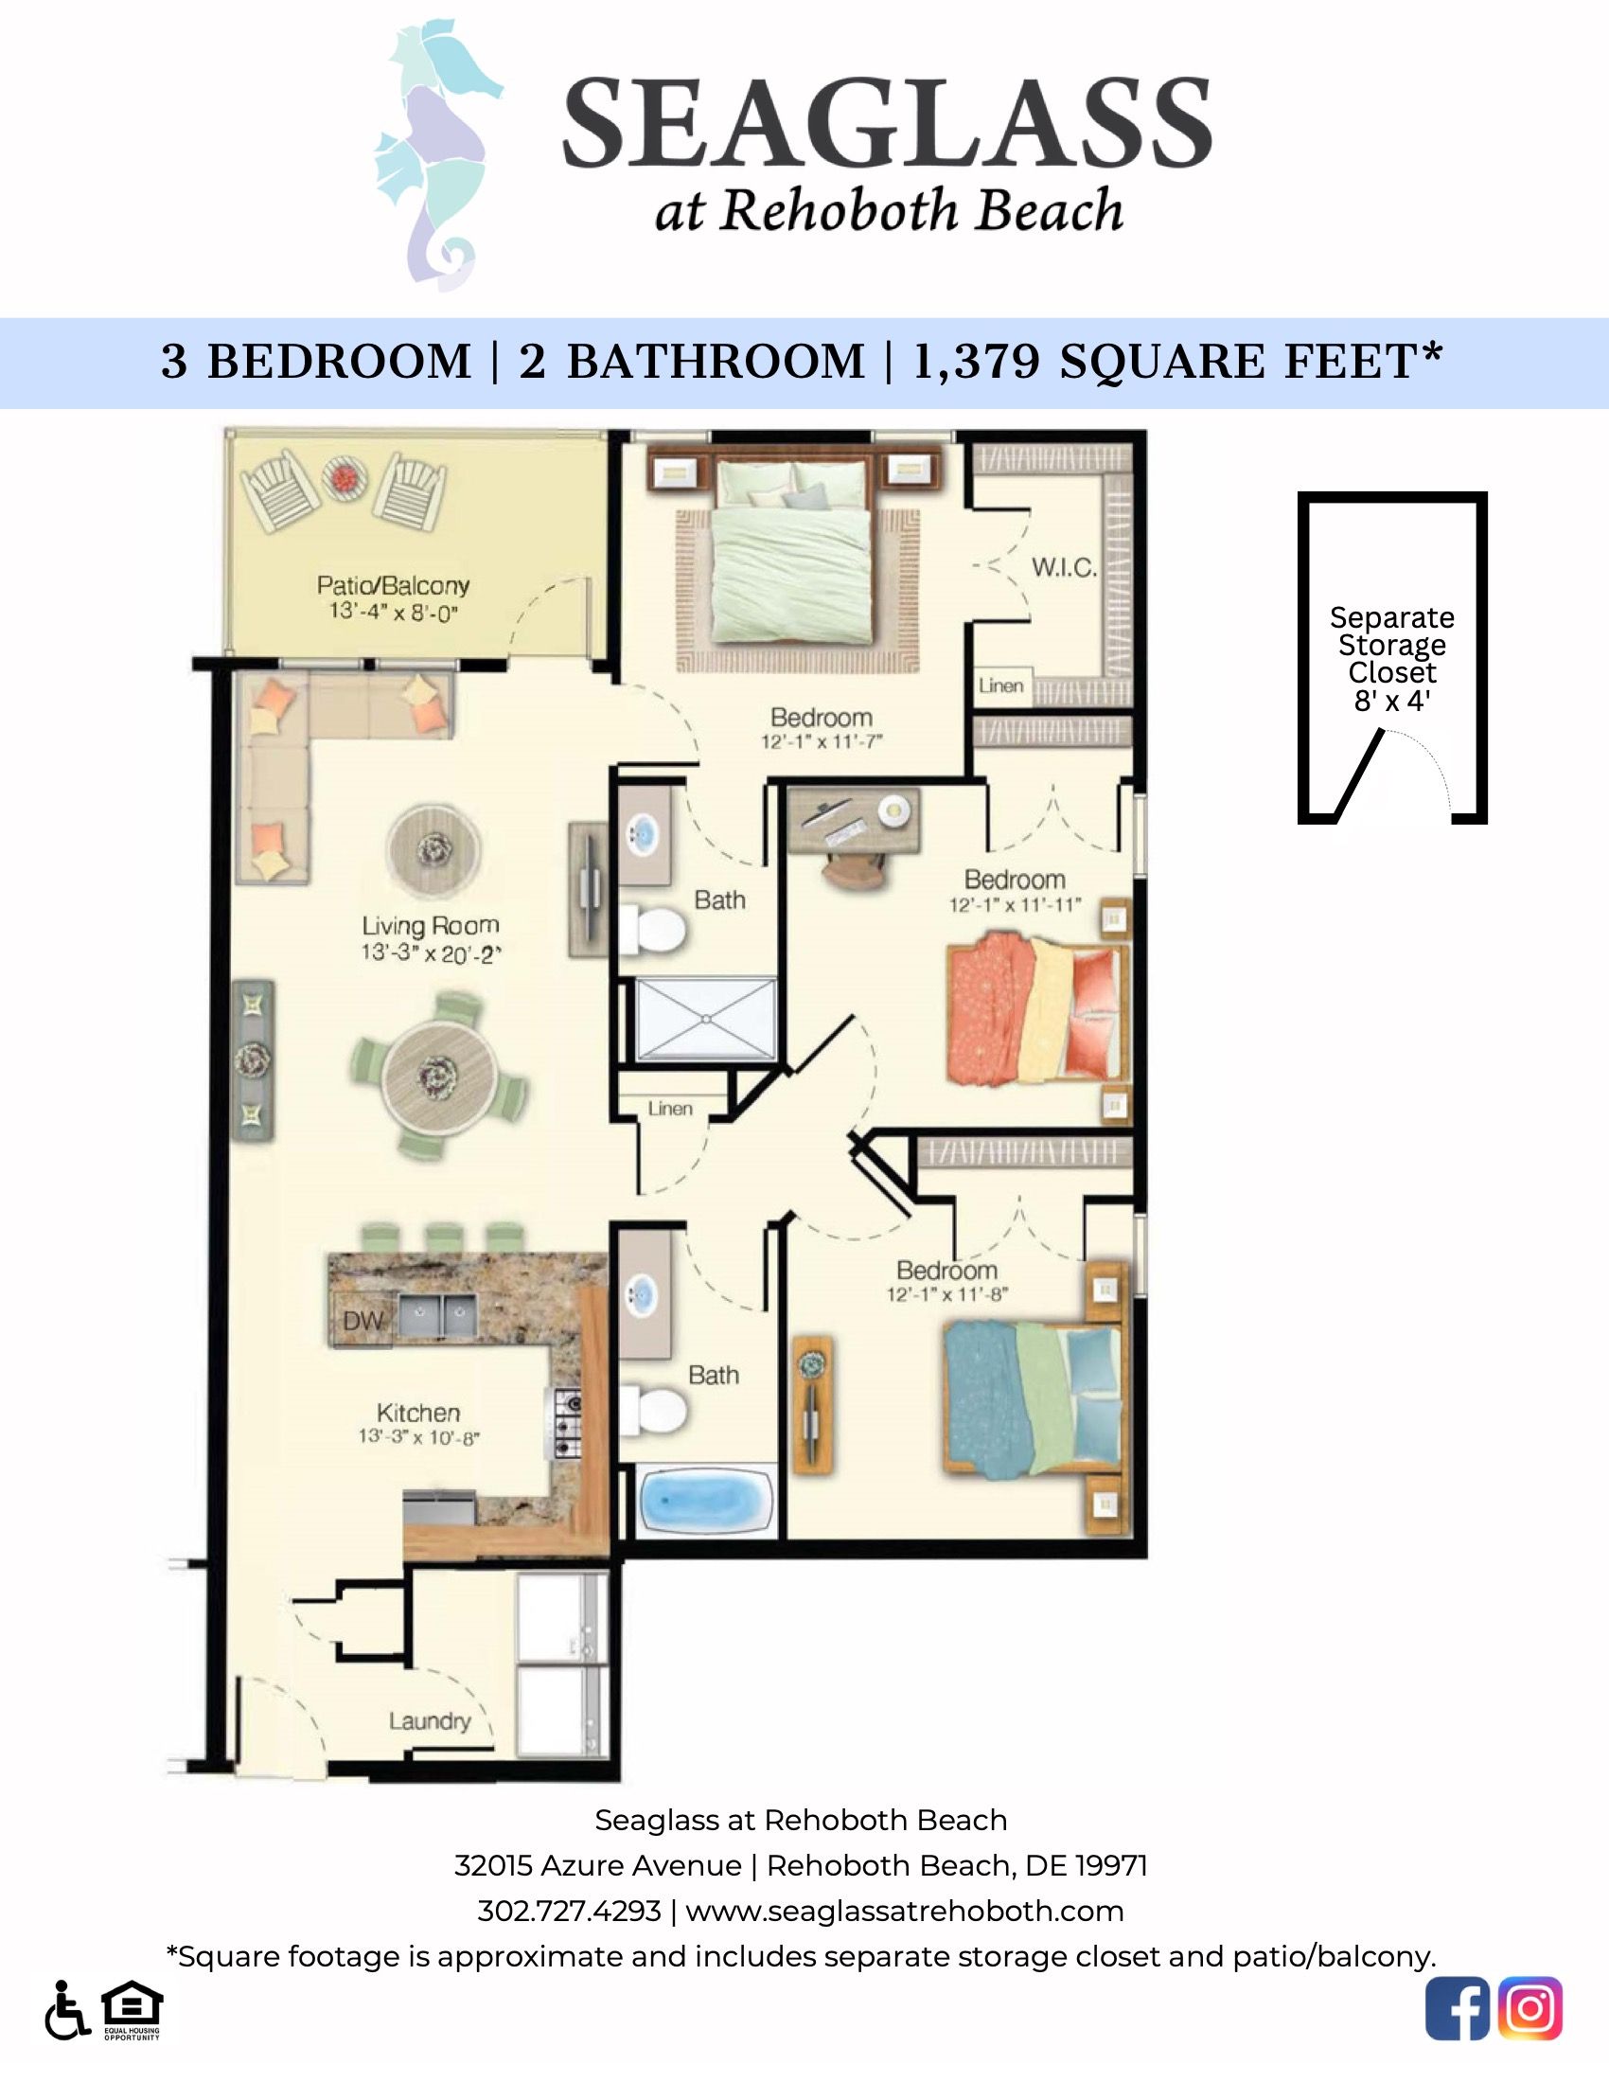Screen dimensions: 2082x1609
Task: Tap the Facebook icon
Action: point(1457,2009)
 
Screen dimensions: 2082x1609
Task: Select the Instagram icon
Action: point(1529,2009)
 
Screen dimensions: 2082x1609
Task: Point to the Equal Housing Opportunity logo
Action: point(133,2007)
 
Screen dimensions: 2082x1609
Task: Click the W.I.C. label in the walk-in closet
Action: point(1064,568)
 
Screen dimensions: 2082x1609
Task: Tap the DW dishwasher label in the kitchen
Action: point(362,1321)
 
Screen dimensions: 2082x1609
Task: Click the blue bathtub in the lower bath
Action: point(705,1504)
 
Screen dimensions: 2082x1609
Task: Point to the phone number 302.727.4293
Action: point(569,1911)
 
